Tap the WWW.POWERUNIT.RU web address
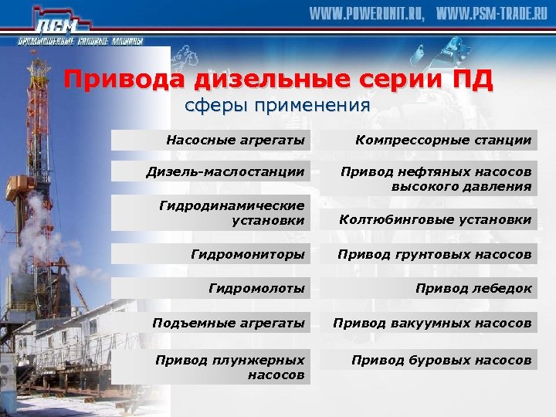pos(367,15)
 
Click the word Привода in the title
pos(126,80)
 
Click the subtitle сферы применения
pos(277,105)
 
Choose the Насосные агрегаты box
pos(211,140)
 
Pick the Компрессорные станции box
pos(429,140)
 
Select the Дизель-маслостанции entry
pos(211,171)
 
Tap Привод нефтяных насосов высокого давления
pos(429,178)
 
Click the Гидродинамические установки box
pos(211,214)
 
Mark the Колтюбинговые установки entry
pos(429,220)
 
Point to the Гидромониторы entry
pos(211,253)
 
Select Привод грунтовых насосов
pos(429,253)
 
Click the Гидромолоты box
pos(211,288)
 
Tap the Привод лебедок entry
pos(429,288)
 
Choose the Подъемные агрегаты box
pos(211,323)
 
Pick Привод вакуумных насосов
pos(429,323)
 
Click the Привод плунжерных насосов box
pos(211,367)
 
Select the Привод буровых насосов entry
pos(429,360)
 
